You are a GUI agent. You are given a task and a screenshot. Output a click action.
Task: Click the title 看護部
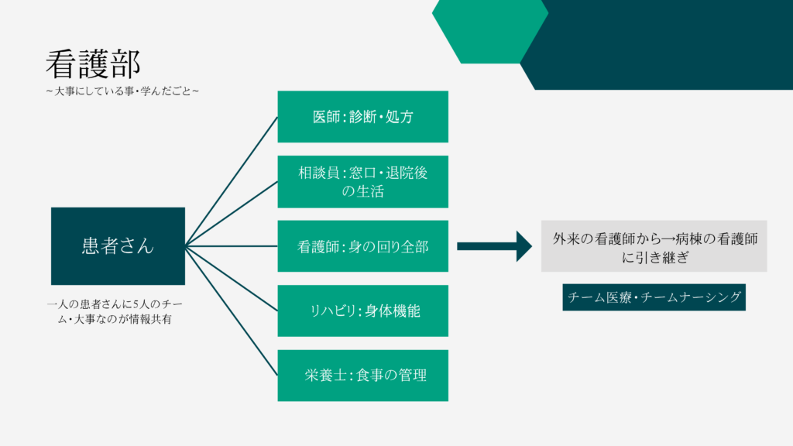[x=93, y=63]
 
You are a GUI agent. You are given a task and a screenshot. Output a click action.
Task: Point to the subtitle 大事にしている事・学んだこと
[x=122, y=91]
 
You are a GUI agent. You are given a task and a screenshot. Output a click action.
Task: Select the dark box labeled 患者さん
[x=118, y=245]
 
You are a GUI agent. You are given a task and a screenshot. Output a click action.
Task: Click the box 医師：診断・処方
[x=362, y=117]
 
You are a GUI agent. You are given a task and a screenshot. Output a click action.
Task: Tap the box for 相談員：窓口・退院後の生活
[x=362, y=181]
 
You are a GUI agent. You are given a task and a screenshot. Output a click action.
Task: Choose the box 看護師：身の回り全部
[x=362, y=246]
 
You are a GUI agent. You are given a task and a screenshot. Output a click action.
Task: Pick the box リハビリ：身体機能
[x=362, y=311]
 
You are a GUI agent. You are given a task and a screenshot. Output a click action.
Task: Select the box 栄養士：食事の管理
[x=362, y=376]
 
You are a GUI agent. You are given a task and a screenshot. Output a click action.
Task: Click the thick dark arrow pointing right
[x=495, y=246]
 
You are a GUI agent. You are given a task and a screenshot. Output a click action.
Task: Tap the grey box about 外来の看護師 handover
[x=654, y=246]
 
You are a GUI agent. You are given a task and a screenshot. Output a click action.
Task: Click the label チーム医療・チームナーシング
[x=654, y=297]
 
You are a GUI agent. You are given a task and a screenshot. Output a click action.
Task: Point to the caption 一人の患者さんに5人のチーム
[x=115, y=311]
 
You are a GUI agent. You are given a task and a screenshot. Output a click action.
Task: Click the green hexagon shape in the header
[x=489, y=30]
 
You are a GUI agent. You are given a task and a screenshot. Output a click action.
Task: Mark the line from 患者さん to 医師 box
[x=232, y=181]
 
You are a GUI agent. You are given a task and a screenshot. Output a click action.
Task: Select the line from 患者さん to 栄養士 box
[x=232, y=311]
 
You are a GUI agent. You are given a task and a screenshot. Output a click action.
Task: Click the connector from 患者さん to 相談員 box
[x=232, y=214]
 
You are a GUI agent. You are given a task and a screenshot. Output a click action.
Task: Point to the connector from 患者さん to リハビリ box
[x=232, y=279]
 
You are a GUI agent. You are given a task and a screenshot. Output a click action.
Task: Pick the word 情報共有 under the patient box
[x=151, y=319]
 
